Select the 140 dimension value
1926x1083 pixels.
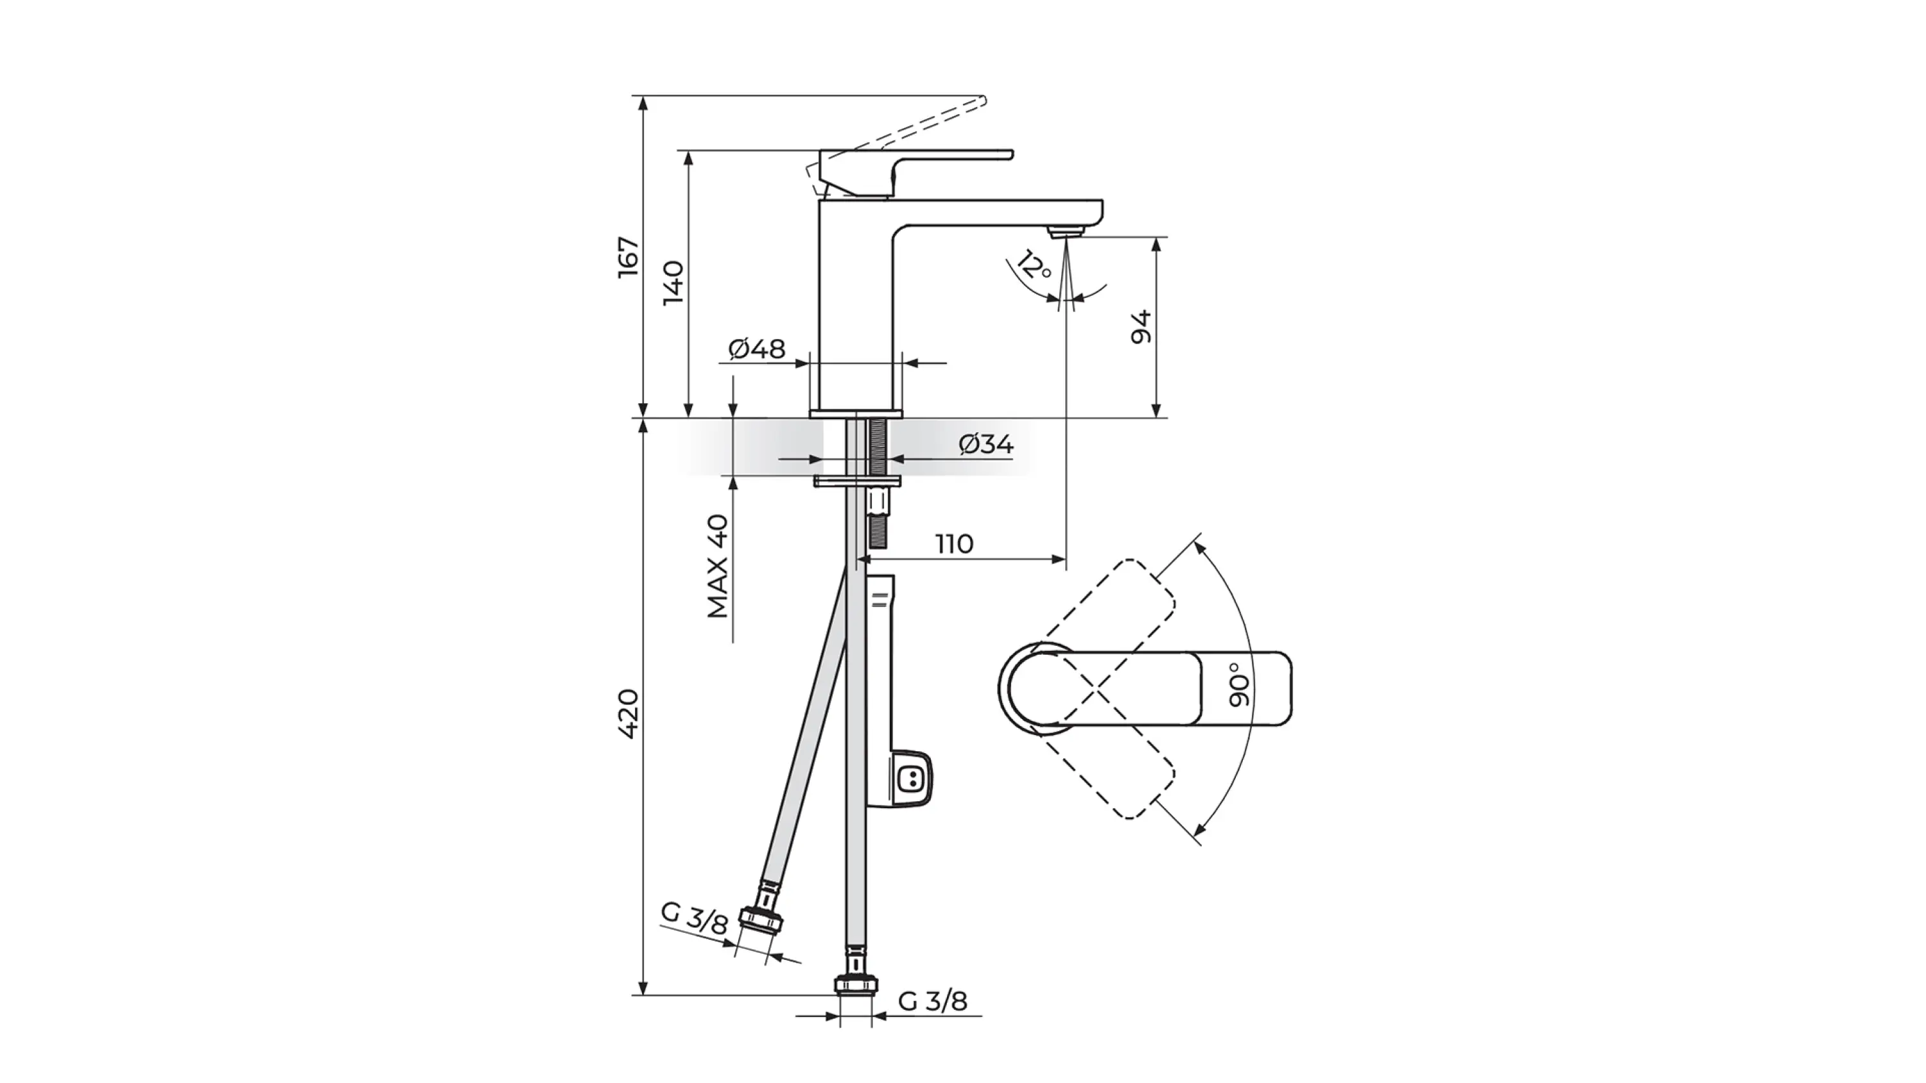673,282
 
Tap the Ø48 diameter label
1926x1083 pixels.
757,349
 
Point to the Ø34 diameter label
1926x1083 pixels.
986,444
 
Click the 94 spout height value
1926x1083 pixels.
1141,327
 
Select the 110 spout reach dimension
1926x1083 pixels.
954,543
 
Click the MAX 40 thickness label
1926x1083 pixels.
718,566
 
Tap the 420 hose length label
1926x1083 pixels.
629,715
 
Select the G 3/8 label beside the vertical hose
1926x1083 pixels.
932,1001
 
